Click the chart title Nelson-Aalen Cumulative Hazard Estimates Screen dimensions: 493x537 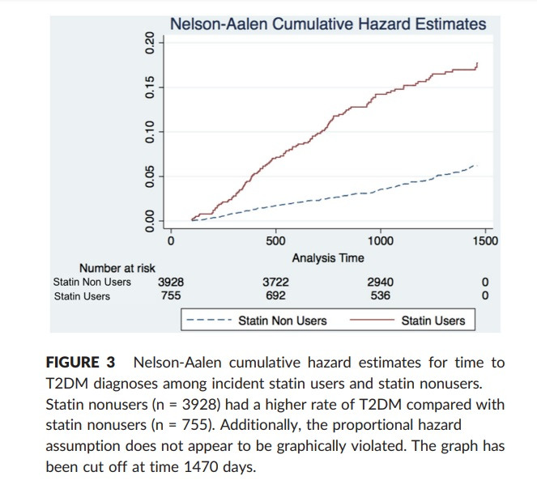(x=328, y=23)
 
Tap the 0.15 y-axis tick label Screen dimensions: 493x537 (x=149, y=87)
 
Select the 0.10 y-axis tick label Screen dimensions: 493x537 (x=149, y=132)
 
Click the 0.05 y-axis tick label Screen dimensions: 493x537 (x=149, y=176)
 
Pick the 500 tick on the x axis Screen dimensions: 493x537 (x=275, y=240)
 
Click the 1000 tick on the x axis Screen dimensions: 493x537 (x=380, y=240)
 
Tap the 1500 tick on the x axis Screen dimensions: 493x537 (x=484, y=240)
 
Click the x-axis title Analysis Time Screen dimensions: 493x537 (x=328, y=257)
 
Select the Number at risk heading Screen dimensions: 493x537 (x=117, y=268)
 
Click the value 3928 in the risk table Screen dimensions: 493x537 (x=170, y=282)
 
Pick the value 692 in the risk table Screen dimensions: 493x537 (x=275, y=295)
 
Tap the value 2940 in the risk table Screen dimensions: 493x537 (x=380, y=282)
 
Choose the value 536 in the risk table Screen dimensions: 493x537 (x=380, y=295)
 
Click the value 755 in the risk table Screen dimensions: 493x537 (x=170, y=295)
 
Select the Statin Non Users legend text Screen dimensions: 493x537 (x=283, y=321)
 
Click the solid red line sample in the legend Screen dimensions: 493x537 (x=370, y=321)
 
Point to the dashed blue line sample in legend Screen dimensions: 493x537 (x=210, y=321)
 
